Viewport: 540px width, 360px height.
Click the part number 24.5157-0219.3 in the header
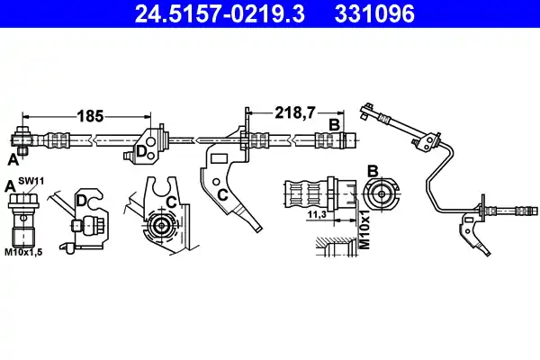220,13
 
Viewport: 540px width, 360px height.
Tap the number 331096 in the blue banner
374,13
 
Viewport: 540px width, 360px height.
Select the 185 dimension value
90,116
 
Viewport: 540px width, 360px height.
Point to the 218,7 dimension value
295,112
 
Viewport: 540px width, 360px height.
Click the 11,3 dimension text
317,214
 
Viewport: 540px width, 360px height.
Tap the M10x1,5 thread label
23,252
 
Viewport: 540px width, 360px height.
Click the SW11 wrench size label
31,181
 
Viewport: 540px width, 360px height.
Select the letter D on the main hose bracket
141,151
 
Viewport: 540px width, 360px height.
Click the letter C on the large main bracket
223,195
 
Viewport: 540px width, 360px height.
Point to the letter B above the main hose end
335,125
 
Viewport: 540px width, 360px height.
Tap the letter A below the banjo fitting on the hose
13,159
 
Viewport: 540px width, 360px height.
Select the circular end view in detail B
382,194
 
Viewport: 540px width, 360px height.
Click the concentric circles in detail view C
161,226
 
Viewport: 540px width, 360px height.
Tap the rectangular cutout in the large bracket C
219,158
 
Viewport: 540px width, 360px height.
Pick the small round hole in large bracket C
216,182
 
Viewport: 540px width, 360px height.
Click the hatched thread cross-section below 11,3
337,247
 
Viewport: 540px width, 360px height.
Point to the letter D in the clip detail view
81,201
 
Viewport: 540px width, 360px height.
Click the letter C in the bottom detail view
171,202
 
